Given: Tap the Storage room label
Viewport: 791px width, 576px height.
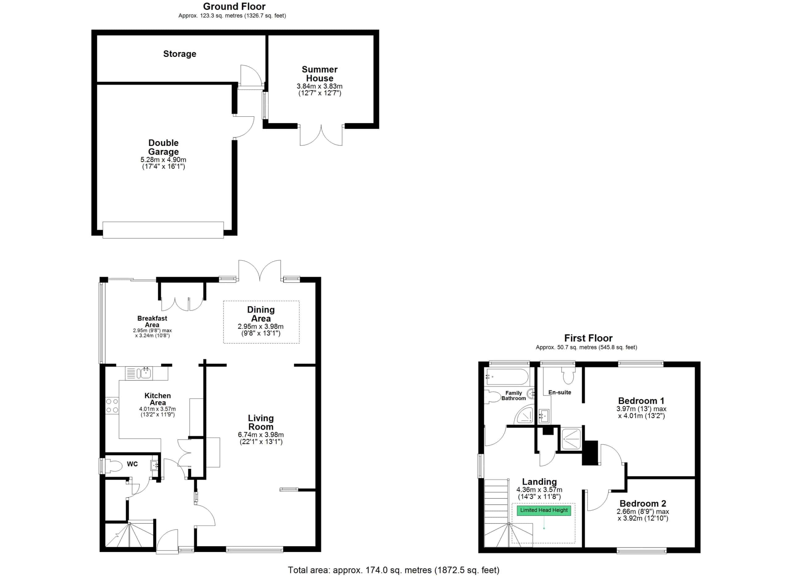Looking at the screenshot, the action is tap(180, 54).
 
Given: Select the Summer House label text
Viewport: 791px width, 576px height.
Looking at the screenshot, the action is tap(319, 74).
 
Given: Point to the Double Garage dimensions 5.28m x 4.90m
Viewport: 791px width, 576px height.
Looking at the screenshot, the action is tap(163, 160).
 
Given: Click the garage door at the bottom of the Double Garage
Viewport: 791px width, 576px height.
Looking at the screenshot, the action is tap(163, 230).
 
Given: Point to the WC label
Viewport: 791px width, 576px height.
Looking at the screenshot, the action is tap(132, 464).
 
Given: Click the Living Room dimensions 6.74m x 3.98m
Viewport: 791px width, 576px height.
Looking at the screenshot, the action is tap(261, 435).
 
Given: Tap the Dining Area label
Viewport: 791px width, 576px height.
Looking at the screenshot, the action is tap(261, 314).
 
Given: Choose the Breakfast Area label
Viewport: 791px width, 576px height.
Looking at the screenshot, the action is tap(152, 321).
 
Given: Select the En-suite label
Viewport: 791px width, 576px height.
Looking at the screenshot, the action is tap(560, 392).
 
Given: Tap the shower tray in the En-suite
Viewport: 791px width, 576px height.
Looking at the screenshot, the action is tap(571, 439).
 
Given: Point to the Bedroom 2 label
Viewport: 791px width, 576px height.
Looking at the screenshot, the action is tap(643, 503).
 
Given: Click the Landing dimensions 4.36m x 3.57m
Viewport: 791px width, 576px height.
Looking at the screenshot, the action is tap(539, 489).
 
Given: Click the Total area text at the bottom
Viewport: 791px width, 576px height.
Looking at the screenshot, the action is tap(393, 570).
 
